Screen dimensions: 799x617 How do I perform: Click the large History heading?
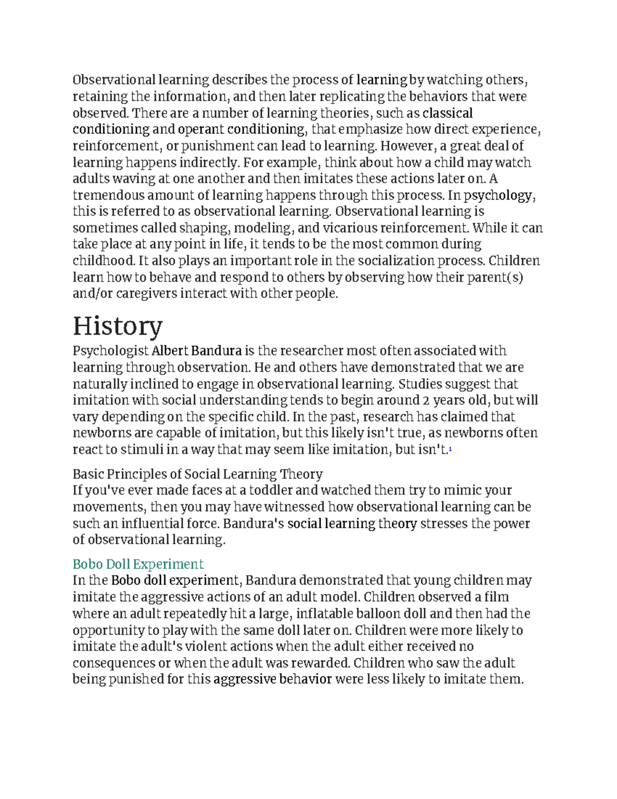point(117,326)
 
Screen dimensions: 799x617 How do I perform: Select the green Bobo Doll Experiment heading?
point(138,564)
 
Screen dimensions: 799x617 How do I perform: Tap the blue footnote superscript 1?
point(450,449)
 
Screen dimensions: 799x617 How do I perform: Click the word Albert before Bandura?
point(170,351)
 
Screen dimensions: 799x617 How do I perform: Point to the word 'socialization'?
point(395,261)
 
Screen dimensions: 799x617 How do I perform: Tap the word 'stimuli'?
point(141,450)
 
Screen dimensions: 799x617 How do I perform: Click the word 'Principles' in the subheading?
point(143,474)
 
